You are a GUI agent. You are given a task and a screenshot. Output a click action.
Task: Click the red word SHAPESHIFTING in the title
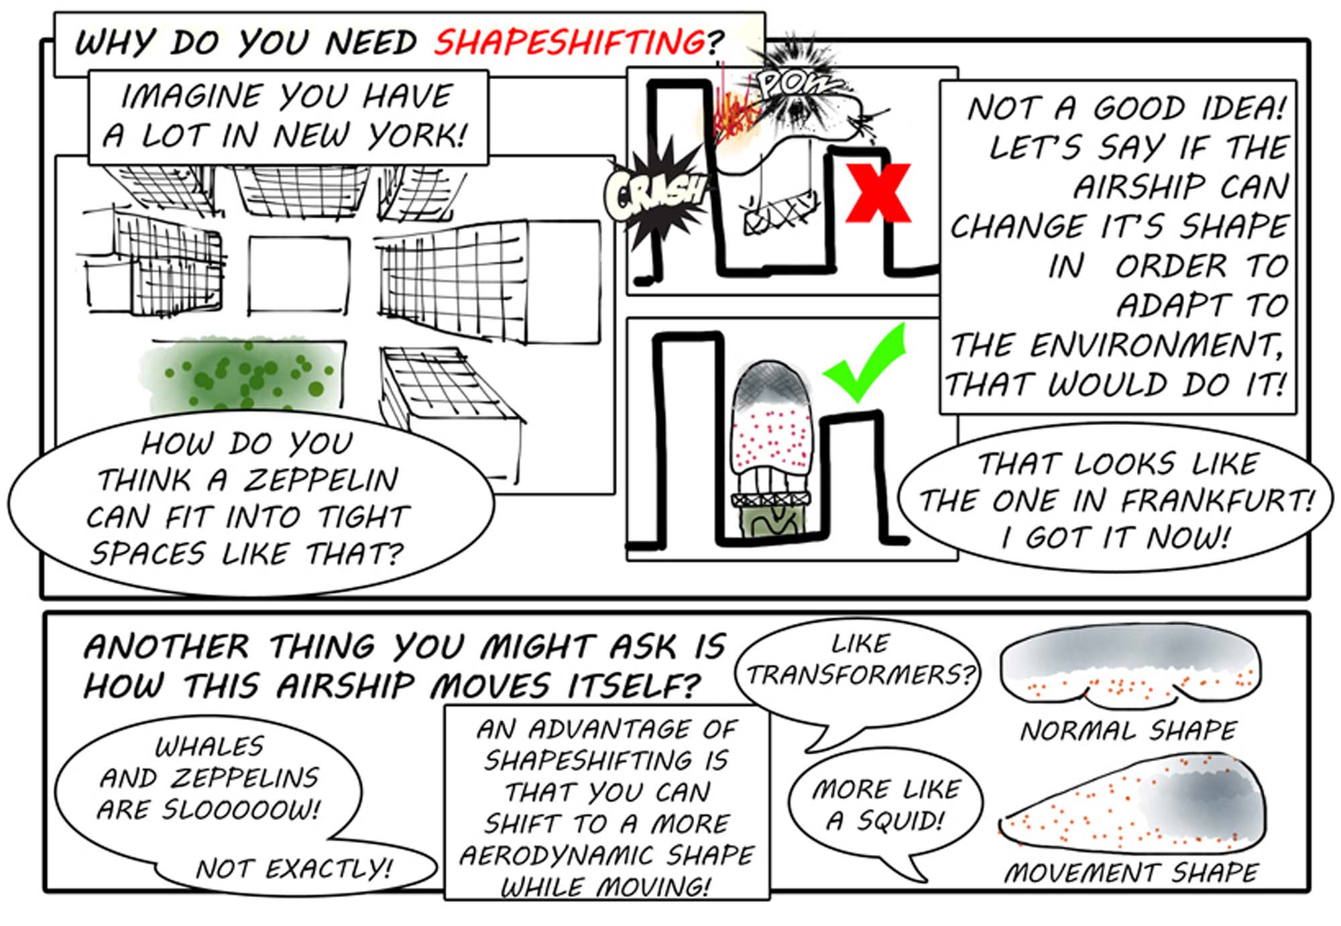(x=569, y=42)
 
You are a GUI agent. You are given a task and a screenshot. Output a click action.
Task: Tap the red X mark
(x=878, y=193)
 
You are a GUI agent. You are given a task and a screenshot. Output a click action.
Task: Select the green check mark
(x=865, y=363)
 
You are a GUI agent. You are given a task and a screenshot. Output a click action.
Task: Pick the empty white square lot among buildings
(x=299, y=276)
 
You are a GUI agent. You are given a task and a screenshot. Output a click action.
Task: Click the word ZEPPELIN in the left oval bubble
(x=320, y=480)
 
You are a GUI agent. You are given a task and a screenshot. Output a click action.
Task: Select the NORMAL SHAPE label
(x=1128, y=730)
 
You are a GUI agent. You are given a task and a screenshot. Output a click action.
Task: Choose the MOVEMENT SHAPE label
(x=1131, y=872)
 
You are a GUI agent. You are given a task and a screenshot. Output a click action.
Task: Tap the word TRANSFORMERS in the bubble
(x=860, y=675)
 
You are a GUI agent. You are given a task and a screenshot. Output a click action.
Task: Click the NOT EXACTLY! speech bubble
(x=295, y=869)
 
